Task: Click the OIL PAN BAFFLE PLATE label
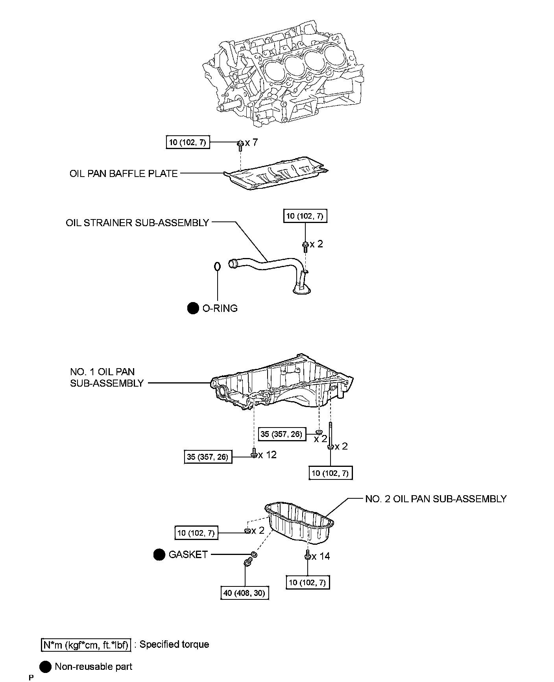(124, 173)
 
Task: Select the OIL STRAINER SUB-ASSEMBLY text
(137, 223)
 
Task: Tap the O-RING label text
(220, 308)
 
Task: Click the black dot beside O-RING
(193, 309)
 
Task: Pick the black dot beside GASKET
(159, 555)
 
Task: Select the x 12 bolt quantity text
(268, 455)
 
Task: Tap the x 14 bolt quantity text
(321, 556)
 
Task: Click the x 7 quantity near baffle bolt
(251, 142)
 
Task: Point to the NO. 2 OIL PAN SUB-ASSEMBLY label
(436, 499)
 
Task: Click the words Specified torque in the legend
(174, 644)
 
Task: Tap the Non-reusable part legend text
(94, 667)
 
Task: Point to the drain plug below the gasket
(248, 564)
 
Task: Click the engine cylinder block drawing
(283, 75)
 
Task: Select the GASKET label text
(188, 555)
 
